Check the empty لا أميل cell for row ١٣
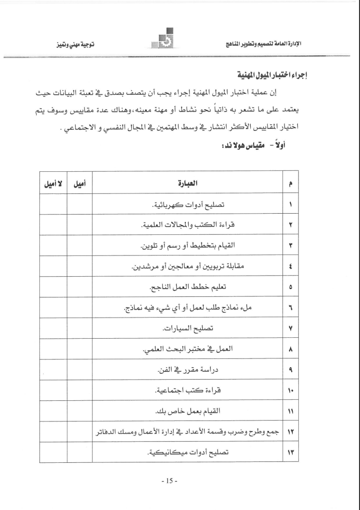(52, 453)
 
